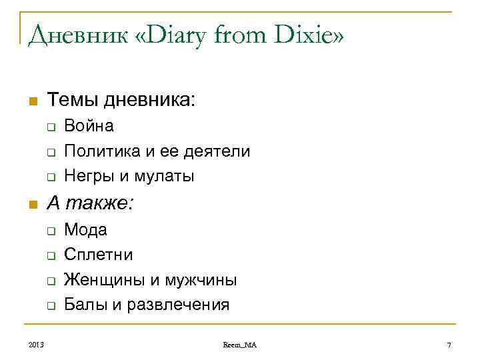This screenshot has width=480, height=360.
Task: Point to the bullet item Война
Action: tap(89, 126)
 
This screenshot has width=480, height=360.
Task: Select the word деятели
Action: tap(214, 151)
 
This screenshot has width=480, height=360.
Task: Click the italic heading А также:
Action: tap(89, 204)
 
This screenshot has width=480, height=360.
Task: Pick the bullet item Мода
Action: tap(85, 230)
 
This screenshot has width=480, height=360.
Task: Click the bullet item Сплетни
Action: tap(98, 255)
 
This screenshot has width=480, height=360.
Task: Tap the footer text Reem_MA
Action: tap(240, 345)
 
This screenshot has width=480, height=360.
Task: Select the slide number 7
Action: tap(449, 345)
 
